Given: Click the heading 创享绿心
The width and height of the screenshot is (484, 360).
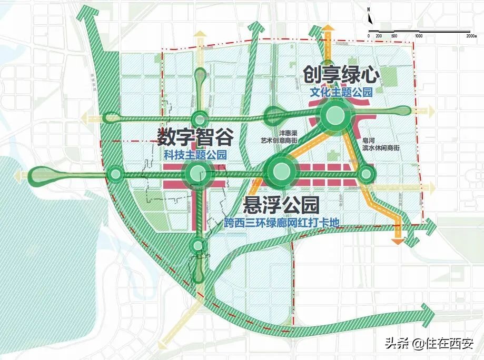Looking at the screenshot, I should click(x=340, y=74).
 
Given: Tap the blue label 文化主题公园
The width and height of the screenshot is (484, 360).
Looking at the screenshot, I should click(x=340, y=93).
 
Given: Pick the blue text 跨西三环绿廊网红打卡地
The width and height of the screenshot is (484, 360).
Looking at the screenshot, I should click(x=281, y=223).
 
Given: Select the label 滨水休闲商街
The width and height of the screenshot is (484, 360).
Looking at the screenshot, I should click(x=381, y=148).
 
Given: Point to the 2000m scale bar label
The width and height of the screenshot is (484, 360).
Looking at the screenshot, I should click(x=471, y=35).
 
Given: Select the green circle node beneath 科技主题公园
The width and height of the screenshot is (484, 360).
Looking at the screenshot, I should click(x=196, y=172).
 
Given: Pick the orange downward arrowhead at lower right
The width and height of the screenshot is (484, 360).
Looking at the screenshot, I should click(x=398, y=241).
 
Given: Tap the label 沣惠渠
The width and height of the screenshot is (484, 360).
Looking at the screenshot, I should click(x=285, y=134).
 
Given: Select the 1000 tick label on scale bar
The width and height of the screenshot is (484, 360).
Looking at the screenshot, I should click(x=419, y=35).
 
